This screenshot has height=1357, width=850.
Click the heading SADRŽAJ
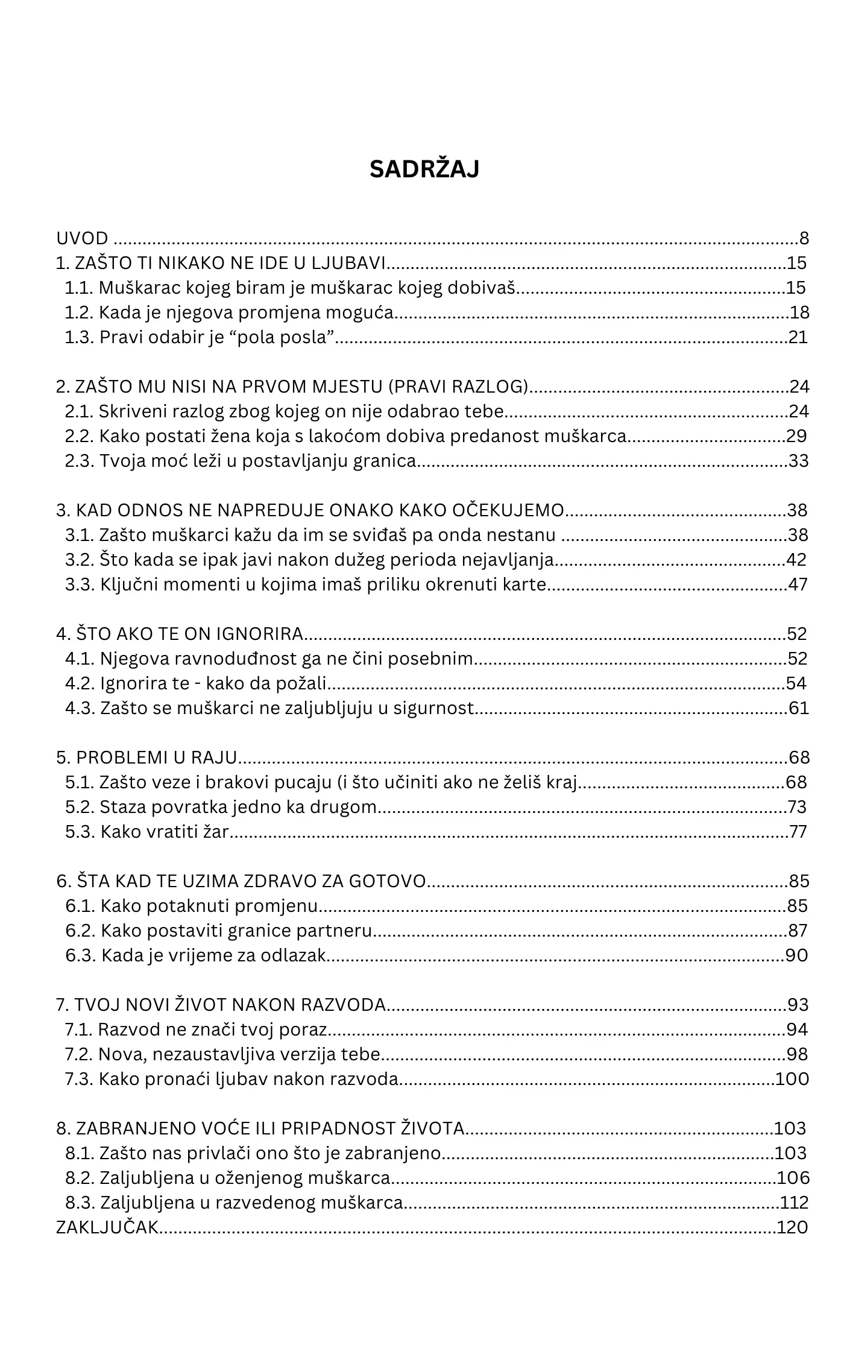(x=424, y=169)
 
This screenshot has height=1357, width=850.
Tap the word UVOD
(x=82, y=238)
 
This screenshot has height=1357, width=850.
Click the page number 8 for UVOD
(x=804, y=238)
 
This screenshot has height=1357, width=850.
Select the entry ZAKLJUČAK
(x=107, y=1227)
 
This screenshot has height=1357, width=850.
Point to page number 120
(x=792, y=1227)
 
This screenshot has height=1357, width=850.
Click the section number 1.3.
(x=80, y=337)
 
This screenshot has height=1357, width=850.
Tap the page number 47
(x=798, y=584)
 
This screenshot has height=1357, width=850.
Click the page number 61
(x=799, y=708)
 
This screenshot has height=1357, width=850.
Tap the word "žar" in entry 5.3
(x=217, y=832)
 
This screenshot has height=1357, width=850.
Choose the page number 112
(x=795, y=1203)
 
